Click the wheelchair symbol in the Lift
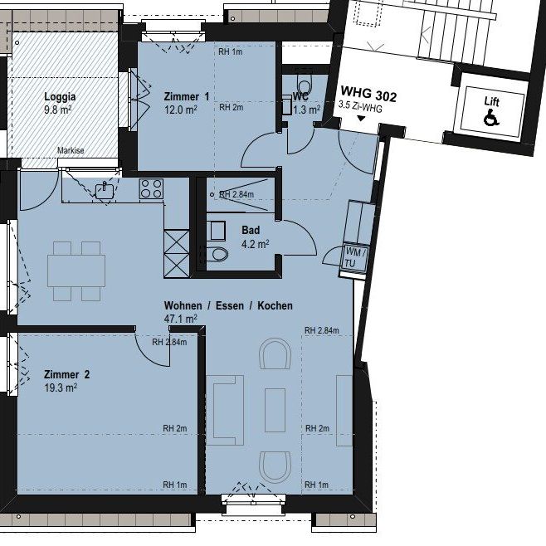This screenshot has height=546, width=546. pyautogui.click(x=491, y=117)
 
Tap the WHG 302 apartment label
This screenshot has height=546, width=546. pyautogui.click(x=368, y=94)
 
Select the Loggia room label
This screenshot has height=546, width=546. pyautogui.click(x=60, y=96)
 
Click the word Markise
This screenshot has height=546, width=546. pyautogui.click(x=71, y=150)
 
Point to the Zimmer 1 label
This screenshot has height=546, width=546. pyautogui.click(x=187, y=96)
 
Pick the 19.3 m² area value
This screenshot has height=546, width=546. pyautogui.click(x=61, y=388)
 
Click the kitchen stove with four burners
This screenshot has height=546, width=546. pyautogui.click(x=151, y=188)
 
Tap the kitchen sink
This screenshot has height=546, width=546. pyautogui.click(x=105, y=191)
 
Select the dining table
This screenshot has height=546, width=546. pyautogui.click(x=76, y=271)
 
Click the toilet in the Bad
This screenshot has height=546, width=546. pyautogui.click(x=217, y=254)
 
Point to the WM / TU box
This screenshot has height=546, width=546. pyautogui.click(x=355, y=258)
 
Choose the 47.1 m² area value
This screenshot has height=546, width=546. pyautogui.click(x=180, y=319)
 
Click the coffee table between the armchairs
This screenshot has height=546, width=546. pyautogui.click(x=275, y=411)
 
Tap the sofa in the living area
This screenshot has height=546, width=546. pyautogui.click(x=225, y=410)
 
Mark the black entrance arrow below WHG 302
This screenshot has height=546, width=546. pyautogui.click(x=361, y=119)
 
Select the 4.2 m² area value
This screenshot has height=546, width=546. pyautogui.click(x=256, y=244)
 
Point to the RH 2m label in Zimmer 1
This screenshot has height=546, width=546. pyautogui.click(x=232, y=107)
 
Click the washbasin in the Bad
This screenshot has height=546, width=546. pyautogui.click(x=217, y=231)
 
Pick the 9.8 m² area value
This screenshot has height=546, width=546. pyautogui.click(x=58, y=110)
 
